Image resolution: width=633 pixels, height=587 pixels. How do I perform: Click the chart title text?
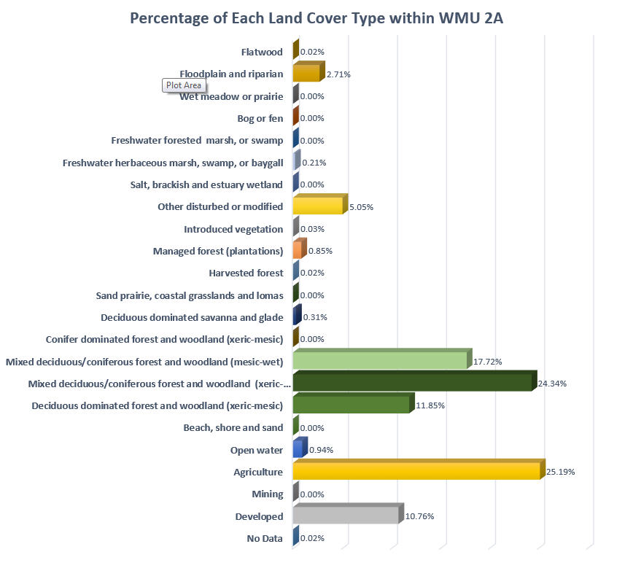(x=316, y=18)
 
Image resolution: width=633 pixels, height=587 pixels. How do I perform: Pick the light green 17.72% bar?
(x=379, y=361)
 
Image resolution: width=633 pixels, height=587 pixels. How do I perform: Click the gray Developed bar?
(x=346, y=516)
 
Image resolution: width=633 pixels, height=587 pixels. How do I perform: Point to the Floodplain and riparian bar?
(x=306, y=74)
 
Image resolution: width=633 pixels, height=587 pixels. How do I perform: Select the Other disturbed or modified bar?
(x=317, y=207)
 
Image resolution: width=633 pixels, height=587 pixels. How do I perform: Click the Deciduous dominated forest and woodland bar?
(x=351, y=405)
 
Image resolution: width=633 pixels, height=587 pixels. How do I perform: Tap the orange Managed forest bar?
(x=297, y=251)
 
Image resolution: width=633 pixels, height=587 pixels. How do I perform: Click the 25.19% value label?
(x=561, y=472)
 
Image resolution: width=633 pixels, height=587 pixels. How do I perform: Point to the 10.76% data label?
(x=419, y=516)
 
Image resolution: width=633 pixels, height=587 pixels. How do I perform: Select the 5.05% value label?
(x=362, y=207)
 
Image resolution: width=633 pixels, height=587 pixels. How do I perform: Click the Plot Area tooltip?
(x=183, y=85)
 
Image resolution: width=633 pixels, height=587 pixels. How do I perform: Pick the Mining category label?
(x=267, y=494)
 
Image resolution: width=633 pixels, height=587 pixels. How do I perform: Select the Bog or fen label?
(x=260, y=118)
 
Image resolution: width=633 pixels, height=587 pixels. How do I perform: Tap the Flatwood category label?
(x=262, y=52)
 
